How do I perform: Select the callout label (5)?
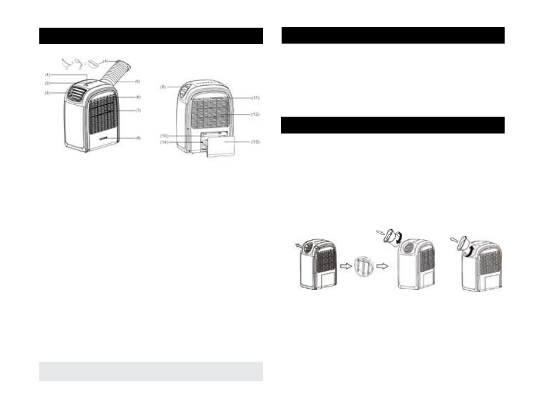(137, 81)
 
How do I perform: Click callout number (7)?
(138, 111)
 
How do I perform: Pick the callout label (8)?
(138, 138)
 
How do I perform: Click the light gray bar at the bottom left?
(151, 371)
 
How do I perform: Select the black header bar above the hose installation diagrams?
(393, 125)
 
